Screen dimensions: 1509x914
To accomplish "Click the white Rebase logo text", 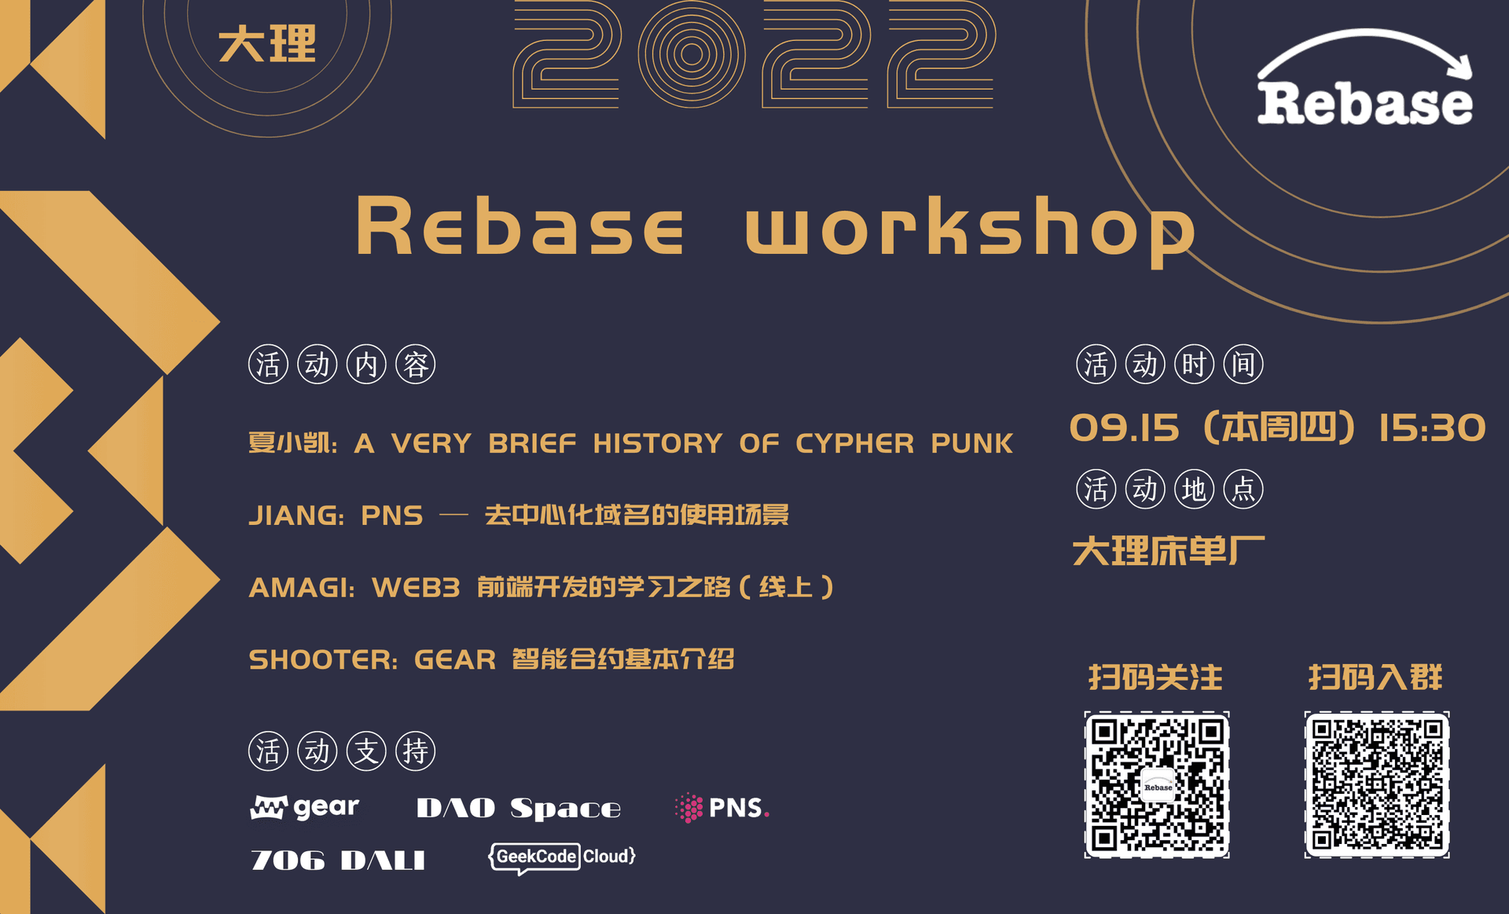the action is (x=1364, y=103).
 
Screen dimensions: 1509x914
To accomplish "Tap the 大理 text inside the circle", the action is (x=267, y=44).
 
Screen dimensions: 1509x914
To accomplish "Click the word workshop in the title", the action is (x=970, y=228).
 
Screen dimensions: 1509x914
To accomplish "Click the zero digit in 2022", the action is (x=692, y=54).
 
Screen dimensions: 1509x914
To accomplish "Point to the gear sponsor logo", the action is (x=305, y=807).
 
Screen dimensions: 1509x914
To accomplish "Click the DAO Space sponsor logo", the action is (x=519, y=808).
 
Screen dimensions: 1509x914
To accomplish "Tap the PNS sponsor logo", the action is (x=721, y=808).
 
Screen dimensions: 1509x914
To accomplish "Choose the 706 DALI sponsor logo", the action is (x=338, y=860).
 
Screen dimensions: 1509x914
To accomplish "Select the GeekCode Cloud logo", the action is (x=562, y=857).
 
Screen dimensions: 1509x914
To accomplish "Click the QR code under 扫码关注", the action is (x=1157, y=784).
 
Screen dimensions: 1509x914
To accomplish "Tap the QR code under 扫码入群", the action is (x=1377, y=784).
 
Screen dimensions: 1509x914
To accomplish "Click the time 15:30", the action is (x=1433, y=428).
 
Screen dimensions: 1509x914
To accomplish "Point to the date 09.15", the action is (x=1125, y=428).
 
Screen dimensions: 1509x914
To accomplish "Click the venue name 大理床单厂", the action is (x=1169, y=551).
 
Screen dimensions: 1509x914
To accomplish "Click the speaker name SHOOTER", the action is (x=321, y=659).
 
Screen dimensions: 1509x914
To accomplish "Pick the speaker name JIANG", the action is (x=294, y=516).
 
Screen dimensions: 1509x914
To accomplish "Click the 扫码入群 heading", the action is (x=1375, y=677).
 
